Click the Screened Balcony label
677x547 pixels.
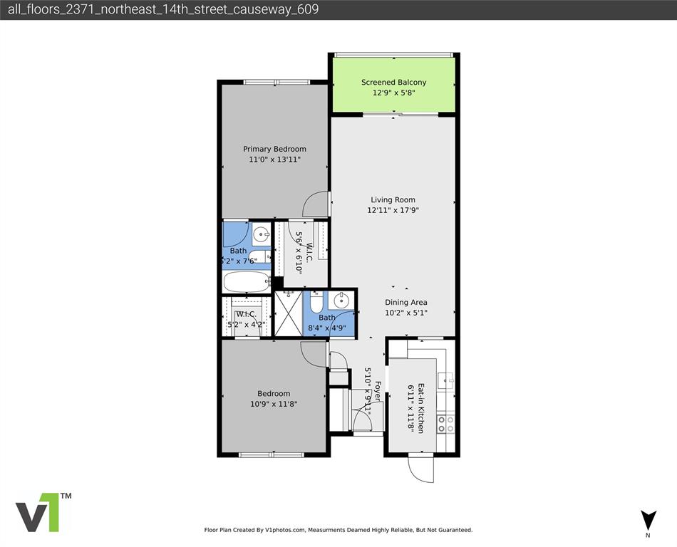click(x=393, y=83)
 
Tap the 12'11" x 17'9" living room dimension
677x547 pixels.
click(x=393, y=211)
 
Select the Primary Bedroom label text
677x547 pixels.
click(x=274, y=149)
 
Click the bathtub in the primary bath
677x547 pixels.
click(x=247, y=281)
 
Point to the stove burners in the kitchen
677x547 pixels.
click(x=446, y=424)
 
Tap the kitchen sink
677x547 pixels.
click(x=447, y=381)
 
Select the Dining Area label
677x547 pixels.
click(x=406, y=303)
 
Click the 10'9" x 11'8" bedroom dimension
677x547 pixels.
click(x=274, y=404)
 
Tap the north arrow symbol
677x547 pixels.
click(x=648, y=520)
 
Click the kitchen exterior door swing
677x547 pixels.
click(x=420, y=470)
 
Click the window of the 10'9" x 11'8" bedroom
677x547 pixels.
click(x=272, y=454)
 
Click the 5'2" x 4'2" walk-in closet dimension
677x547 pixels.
click(x=246, y=324)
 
